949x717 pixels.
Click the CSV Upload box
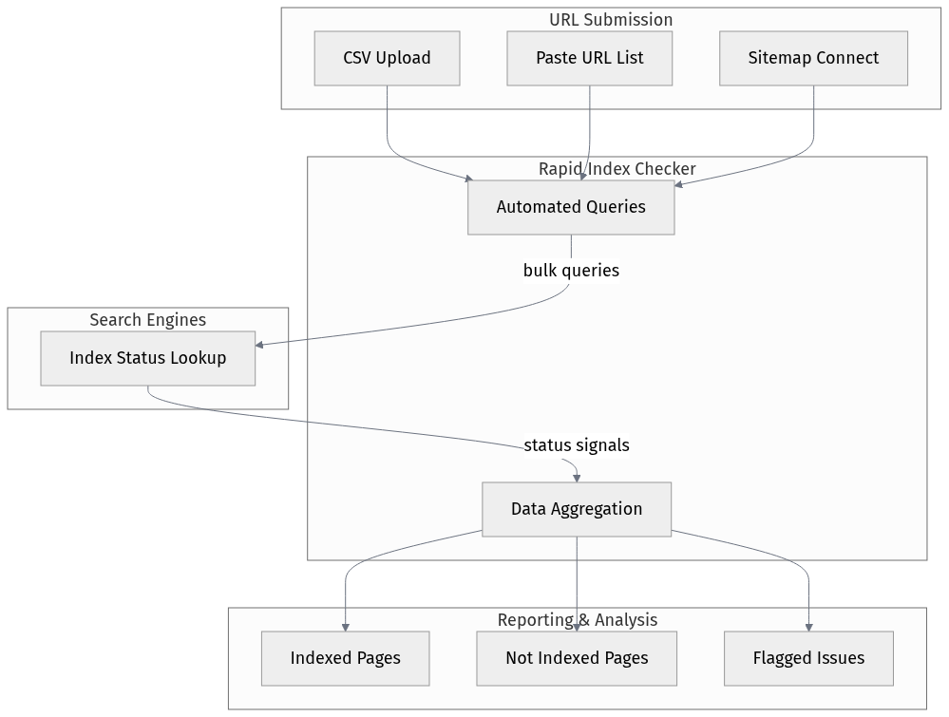tap(387, 58)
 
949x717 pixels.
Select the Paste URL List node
tap(589, 58)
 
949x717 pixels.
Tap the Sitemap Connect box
tap(813, 58)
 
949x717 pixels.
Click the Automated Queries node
tap(570, 207)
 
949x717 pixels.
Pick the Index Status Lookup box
tap(147, 358)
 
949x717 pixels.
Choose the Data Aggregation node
tap(576, 509)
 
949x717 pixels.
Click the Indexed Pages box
tap(345, 658)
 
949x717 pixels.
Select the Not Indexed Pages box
tap(576, 658)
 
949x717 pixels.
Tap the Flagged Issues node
tap(808, 658)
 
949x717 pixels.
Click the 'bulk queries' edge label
tap(570, 271)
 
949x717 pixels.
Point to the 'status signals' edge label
tap(576, 445)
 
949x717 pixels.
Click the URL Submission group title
tap(610, 20)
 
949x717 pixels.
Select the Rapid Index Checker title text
tap(617, 169)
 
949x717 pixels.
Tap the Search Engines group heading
tap(147, 320)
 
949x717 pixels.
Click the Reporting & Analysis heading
tap(577, 620)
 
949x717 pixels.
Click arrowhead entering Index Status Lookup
tap(260, 344)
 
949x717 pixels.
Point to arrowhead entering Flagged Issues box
tap(809, 627)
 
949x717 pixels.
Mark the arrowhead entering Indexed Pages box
tap(345, 627)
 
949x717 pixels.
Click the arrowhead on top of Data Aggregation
tap(577, 478)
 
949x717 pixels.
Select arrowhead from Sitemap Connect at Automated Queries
tap(679, 183)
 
